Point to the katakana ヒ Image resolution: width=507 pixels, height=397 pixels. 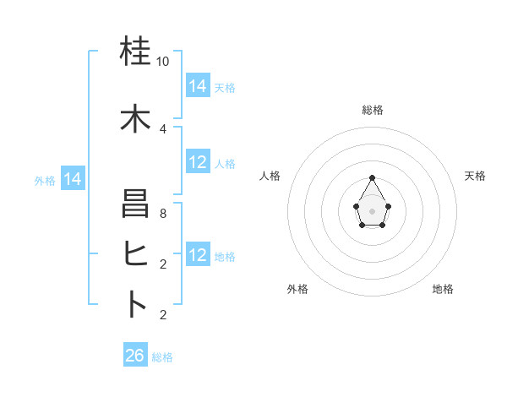135,254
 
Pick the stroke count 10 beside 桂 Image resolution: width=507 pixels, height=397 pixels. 163,62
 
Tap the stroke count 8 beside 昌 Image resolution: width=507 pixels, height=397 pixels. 163,214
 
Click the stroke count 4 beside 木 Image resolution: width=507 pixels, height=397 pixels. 163,128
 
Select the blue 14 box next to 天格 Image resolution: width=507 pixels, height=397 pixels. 198,85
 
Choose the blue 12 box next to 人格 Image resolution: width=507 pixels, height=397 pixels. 198,162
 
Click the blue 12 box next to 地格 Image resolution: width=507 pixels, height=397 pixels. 198,255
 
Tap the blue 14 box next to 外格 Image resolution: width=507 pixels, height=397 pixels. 73,179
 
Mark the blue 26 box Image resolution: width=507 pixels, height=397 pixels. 135,356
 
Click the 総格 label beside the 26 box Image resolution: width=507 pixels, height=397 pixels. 162,357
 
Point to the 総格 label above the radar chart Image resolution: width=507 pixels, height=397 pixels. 372,110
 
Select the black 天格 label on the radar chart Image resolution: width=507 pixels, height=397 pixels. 475,176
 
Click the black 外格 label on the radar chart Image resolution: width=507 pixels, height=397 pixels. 297,289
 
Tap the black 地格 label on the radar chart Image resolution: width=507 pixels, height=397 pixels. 443,289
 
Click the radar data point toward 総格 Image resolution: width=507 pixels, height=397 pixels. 372,177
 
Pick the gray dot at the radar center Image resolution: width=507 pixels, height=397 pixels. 372,209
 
